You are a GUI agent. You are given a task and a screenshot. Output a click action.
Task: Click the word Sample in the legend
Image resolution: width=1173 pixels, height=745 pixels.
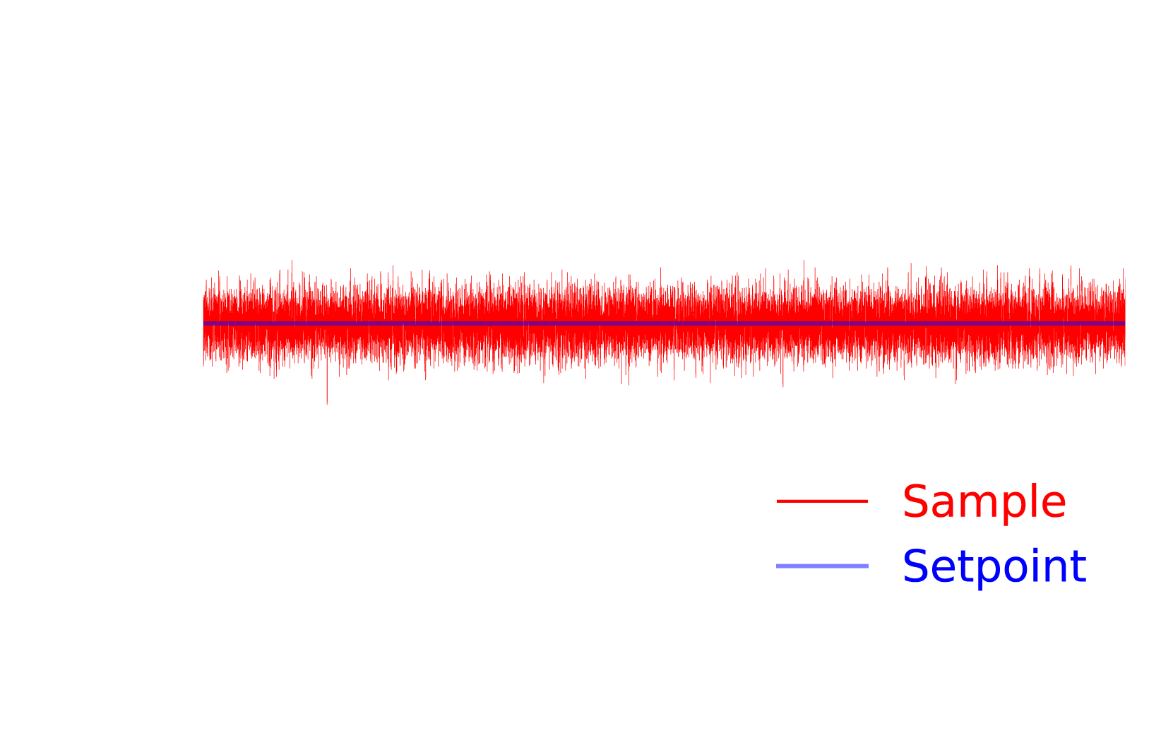click(984, 502)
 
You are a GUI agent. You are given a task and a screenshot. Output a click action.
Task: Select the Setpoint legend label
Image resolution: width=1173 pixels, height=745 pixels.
click(994, 566)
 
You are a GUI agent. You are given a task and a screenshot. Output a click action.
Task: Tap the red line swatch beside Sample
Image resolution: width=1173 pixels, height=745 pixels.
click(822, 501)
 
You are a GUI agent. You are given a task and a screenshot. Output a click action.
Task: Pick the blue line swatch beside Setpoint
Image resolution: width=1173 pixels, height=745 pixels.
click(822, 566)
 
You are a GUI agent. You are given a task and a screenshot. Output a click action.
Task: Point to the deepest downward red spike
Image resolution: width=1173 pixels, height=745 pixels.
click(327, 403)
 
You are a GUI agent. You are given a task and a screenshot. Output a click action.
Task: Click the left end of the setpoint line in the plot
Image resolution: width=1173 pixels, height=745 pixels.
click(204, 323)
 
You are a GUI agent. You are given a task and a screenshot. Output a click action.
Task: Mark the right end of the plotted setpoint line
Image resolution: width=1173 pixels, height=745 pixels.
click(1124, 323)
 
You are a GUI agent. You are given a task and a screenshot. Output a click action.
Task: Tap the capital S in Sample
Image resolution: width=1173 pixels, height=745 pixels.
click(915, 502)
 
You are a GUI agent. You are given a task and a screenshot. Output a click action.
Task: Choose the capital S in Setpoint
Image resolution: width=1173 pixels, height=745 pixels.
click(915, 566)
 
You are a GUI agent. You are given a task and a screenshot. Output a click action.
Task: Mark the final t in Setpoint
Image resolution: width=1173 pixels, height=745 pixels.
click(1078, 567)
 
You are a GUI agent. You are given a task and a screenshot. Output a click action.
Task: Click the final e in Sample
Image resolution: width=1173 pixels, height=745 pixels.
click(1054, 506)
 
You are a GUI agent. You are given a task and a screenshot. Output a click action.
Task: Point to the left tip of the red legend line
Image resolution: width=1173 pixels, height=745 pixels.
click(778, 501)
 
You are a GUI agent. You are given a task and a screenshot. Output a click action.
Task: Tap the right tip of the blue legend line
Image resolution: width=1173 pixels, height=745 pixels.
click(867, 566)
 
